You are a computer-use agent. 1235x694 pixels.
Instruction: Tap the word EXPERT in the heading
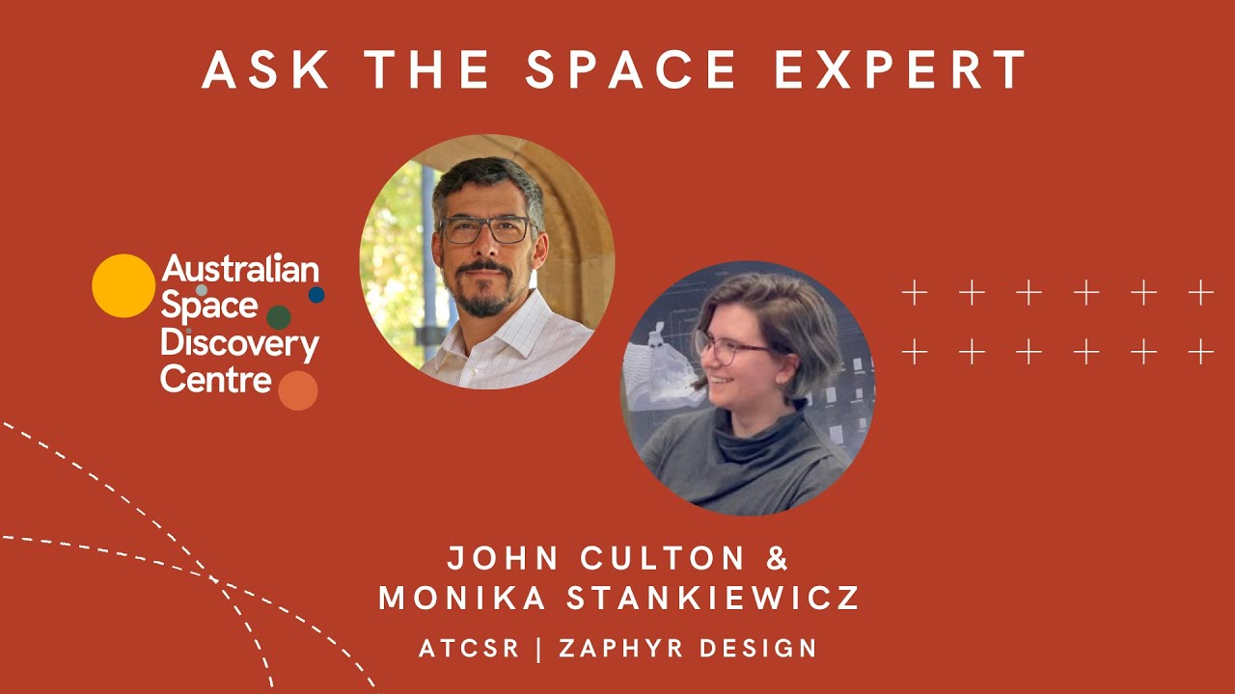coord(901,69)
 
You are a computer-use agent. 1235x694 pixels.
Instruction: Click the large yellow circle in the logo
coord(123,286)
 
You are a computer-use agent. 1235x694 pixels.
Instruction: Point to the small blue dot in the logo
coord(316,295)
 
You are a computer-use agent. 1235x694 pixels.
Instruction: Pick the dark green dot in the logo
coord(279,318)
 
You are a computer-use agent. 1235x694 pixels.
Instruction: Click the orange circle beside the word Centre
coord(298,390)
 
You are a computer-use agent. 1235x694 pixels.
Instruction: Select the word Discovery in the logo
coord(239,344)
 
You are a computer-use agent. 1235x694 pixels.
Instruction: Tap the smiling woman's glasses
coord(728,347)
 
